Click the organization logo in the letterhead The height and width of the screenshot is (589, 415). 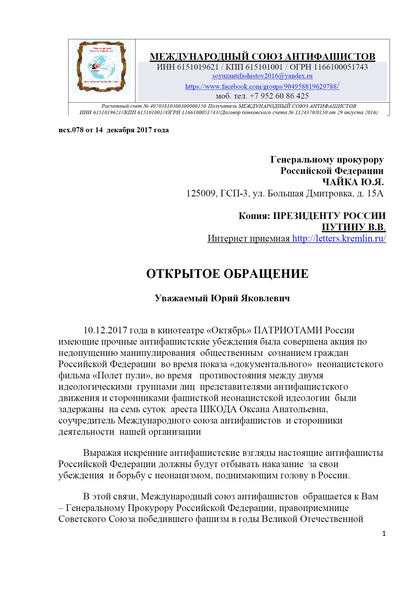click(x=102, y=67)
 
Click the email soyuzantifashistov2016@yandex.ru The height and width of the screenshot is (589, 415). click(x=262, y=76)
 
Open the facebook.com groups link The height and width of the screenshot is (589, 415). click(x=262, y=86)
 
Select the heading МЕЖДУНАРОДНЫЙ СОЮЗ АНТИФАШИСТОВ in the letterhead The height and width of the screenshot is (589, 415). click(x=262, y=56)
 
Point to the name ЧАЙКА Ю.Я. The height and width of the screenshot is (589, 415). click(x=353, y=182)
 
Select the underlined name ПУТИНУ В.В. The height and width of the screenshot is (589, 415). click(x=353, y=227)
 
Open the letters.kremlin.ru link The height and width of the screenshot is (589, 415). click(x=339, y=238)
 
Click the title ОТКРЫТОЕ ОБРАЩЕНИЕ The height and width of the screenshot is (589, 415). click(x=227, y=274)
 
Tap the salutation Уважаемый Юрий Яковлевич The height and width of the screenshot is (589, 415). click(x=222, y=298)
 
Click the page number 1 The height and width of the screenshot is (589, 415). click(x=384, y=534)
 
